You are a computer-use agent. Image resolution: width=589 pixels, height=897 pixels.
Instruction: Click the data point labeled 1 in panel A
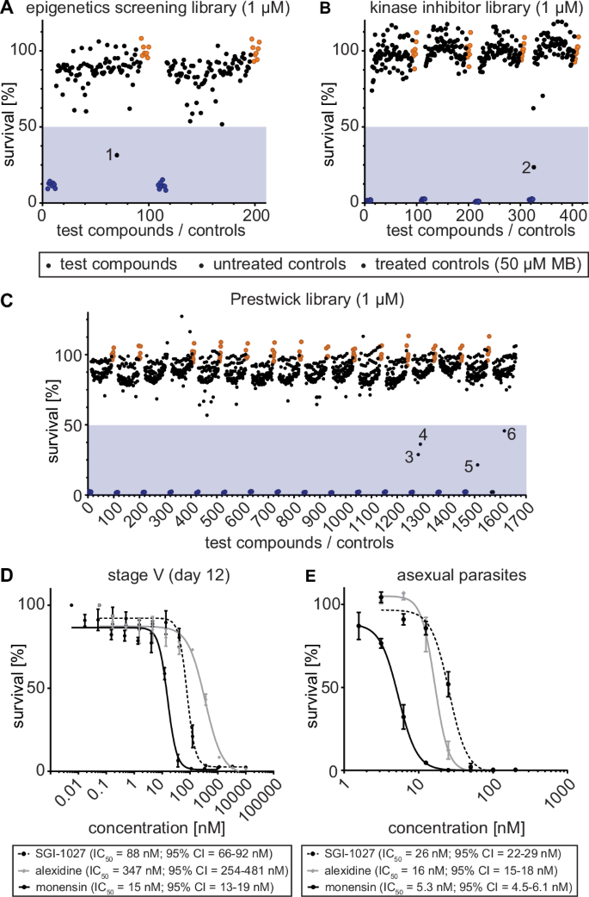(117, 155)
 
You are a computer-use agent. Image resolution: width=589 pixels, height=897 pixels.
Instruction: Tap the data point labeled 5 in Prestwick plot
(477, 465)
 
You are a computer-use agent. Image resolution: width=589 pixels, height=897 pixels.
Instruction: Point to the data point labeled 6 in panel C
(504, 431)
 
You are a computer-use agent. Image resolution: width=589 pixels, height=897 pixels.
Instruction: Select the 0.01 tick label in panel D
(64, 791)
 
